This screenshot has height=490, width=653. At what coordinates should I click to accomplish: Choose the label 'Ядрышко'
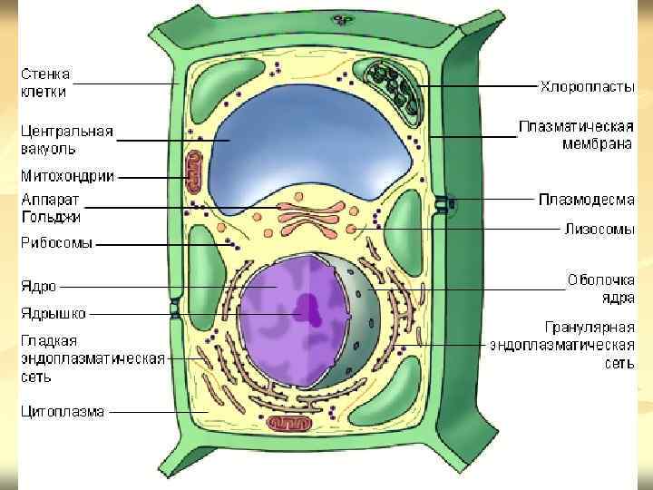click(x=54, y=314)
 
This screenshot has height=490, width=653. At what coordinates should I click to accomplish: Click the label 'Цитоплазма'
click(x=63, y=411)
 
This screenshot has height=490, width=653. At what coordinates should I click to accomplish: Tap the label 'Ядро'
click(x=39, y=287)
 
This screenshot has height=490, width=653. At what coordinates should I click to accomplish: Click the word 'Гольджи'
click(x=51, y=217)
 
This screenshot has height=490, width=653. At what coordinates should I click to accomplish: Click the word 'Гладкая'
click(x=49, y=340)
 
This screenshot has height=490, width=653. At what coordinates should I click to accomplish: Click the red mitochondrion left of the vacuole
click(x=193, y=171)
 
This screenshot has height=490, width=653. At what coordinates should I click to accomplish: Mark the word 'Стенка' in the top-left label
click(x=45, y=73)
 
